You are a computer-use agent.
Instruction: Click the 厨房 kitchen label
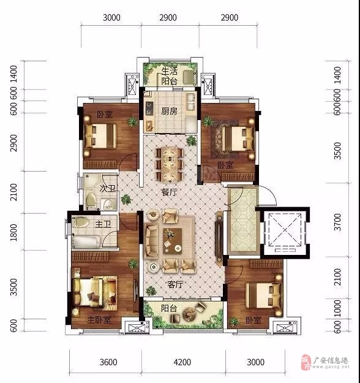pyautogui.click(x=169, y=111)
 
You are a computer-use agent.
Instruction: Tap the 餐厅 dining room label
pyautogui.click(x=169, y=192)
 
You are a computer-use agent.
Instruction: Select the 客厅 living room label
pyautogui.click(x=175, y=284)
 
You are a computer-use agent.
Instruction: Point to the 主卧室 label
pyautogui.click(x=99, y=320)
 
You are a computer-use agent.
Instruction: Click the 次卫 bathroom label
pyautogui.click(x=107, y=188)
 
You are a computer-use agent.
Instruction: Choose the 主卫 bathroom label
pyautogui.click(x=103, y=224)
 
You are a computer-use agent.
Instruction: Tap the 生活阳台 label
pyautogui.click(x=169, y=76)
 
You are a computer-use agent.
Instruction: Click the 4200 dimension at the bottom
pyautogui.click(x=182, y=362)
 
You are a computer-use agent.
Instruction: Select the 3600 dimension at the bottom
pyautogui.click(x=108, y=362)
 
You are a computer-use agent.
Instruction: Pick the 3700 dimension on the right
pyautogui.click(x=337, y=222)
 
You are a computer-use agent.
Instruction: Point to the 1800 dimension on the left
pyautogui.click(x=13, y=232)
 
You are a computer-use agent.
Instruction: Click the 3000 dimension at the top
pyautogui.click(x=111, y=18)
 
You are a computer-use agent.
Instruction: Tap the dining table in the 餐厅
pyautogui.click(x=170, y=164)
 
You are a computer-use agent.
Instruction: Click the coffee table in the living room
pyautogui.click(x=173, y=241)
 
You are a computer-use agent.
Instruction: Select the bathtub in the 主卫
pyautogui.click(x=86, y=242)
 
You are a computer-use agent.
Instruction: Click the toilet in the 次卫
pyautogui.click(x=91, y=201)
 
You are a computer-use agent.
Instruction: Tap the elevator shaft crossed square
pyautogui.click(x=285, y=230)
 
